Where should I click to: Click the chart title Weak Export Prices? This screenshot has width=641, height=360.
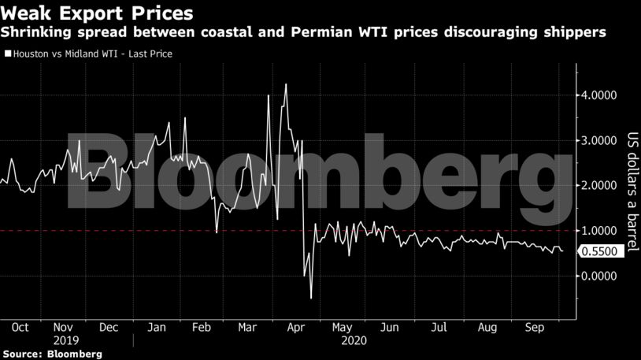point(98,13)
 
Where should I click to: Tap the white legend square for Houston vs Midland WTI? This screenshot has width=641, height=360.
point(8,54)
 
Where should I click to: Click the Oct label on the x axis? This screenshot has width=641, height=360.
point(20,327)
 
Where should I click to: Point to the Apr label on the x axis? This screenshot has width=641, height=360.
point(296,327)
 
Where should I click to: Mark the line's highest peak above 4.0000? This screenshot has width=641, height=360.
point(285,84)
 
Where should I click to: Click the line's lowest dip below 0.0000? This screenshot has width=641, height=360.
point(311,298)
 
